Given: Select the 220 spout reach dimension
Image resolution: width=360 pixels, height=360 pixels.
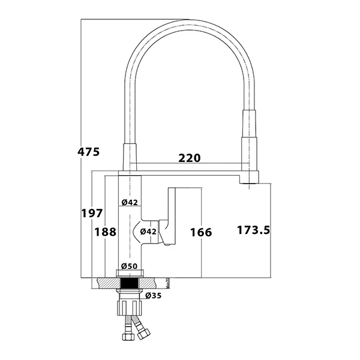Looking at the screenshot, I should coord(189,158).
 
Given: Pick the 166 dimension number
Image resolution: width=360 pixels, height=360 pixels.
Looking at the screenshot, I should coord(200,232).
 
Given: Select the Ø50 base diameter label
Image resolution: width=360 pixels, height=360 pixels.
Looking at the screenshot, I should coord(130,266).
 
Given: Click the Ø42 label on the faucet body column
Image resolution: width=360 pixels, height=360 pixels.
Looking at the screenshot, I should coord(130,202).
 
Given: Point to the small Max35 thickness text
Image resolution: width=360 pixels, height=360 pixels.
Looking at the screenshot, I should coord(169,282).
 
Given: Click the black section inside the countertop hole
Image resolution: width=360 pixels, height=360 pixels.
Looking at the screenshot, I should coord(130,283).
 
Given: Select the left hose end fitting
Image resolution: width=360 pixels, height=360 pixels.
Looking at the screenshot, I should coord(127,336).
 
